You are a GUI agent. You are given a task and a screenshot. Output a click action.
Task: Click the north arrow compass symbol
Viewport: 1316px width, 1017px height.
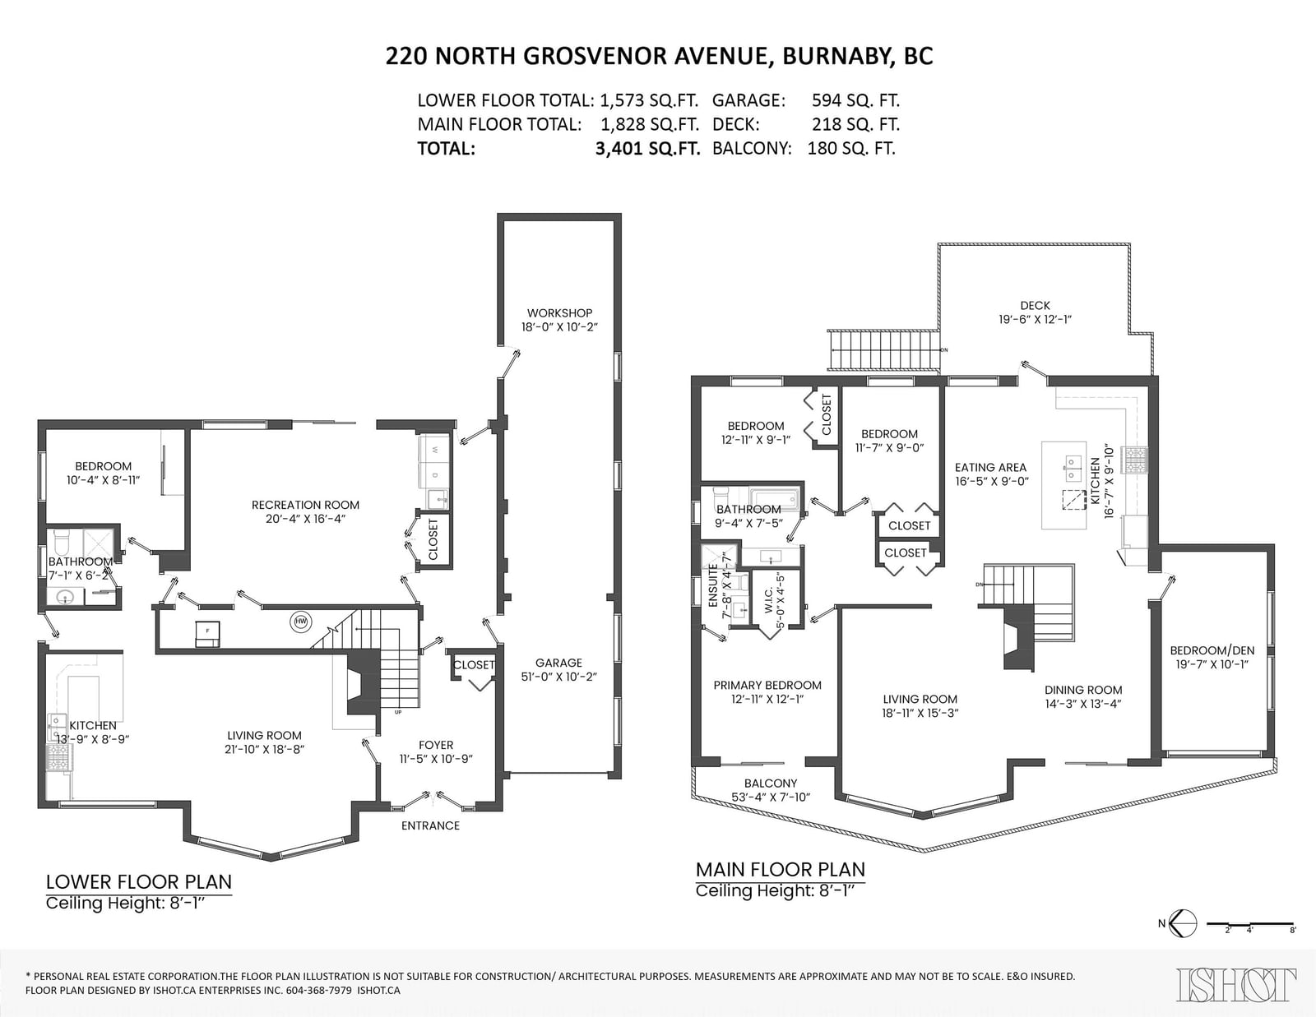coord(1182,924)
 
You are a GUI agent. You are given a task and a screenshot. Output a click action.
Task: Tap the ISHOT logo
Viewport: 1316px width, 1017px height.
coord(1236,984)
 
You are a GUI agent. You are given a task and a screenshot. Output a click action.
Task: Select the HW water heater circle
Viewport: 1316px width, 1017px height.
coord(300,622)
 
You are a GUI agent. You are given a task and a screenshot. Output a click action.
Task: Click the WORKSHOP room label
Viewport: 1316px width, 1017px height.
coord(559,313)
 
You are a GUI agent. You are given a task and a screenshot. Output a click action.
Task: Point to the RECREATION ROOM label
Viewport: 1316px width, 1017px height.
coord(305,505)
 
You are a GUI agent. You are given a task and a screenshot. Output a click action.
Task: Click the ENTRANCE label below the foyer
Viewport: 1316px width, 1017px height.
coord(431,825)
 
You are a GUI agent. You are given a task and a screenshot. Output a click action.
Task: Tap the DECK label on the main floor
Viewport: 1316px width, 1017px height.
coord(1035,306)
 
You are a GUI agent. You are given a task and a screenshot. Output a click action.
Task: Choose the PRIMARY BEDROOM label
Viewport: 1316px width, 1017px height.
coord(767,686)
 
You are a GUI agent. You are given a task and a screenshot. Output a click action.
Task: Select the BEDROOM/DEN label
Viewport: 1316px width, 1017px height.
coord(1212,650)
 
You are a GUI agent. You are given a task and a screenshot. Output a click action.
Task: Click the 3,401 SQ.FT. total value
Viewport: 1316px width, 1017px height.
coord(647,148)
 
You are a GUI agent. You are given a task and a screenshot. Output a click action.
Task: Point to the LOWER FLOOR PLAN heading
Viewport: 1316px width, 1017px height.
coord(139,882)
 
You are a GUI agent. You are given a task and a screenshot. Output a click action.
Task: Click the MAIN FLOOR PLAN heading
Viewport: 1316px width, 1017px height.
coord(780,869)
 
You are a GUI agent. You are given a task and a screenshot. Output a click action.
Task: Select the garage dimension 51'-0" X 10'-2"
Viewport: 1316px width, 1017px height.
coord(559,677)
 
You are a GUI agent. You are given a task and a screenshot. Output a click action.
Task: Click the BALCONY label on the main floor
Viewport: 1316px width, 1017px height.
coord(771,784)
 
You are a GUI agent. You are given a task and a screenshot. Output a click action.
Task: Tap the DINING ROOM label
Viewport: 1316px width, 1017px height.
coord(1083,690)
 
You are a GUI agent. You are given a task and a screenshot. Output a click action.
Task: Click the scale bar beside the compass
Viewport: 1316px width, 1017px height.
coord(1250,924)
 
